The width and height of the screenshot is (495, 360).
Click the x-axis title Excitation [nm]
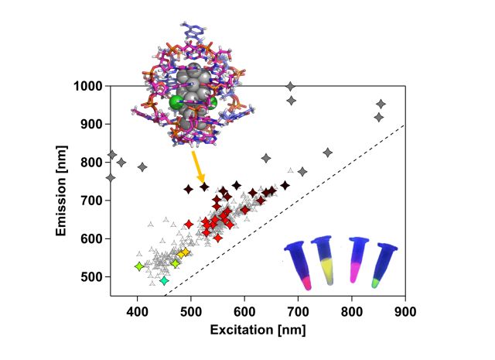(x=258, y=330)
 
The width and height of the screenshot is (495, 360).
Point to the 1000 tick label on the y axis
(x=90, y=86)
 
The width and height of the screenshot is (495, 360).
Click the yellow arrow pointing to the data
(x=196, y=168)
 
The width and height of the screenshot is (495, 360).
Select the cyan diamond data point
(x=164, y=280)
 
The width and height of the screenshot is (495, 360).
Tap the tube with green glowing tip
(x=384, y=266)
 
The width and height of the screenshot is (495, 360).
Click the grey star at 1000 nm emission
(x=291, y=86)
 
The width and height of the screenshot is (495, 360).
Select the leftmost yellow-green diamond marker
(x=139, y=266)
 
